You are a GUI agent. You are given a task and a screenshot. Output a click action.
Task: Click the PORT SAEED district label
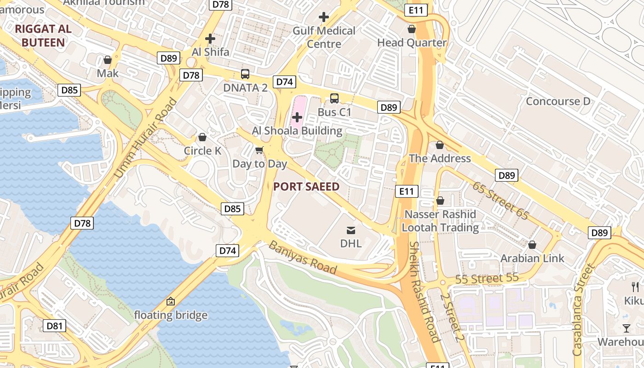pos(306,186)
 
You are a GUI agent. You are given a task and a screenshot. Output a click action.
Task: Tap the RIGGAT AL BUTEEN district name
pos(43,36)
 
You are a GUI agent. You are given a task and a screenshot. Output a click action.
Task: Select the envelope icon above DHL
pos(351,230)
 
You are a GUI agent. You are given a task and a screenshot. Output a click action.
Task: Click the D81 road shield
pos(55,326)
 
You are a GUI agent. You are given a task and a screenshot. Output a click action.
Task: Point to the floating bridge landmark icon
pos(171,302)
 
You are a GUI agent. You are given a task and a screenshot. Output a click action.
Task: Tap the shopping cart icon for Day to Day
pos(259,150)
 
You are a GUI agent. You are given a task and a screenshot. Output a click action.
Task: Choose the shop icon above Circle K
pos(202,137)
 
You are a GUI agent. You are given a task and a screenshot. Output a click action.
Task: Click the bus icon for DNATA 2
pos(245,74)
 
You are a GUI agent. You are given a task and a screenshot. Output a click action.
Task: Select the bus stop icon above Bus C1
pos(334,98)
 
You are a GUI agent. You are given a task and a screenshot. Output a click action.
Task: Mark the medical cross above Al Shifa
pos(210,39)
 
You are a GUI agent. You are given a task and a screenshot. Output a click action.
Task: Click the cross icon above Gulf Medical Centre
pos(324,17)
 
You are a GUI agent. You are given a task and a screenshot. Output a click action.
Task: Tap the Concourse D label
pos(558,101)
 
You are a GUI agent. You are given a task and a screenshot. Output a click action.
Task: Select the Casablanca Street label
pos(583,309)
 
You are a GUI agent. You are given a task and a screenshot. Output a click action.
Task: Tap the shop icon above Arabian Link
pos(532,245)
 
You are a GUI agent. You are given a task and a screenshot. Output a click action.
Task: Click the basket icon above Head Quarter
pos(412,29)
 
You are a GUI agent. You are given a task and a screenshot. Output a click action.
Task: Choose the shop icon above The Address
pos(440,145)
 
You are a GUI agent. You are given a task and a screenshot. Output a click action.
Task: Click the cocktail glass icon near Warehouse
pos(627,328)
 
